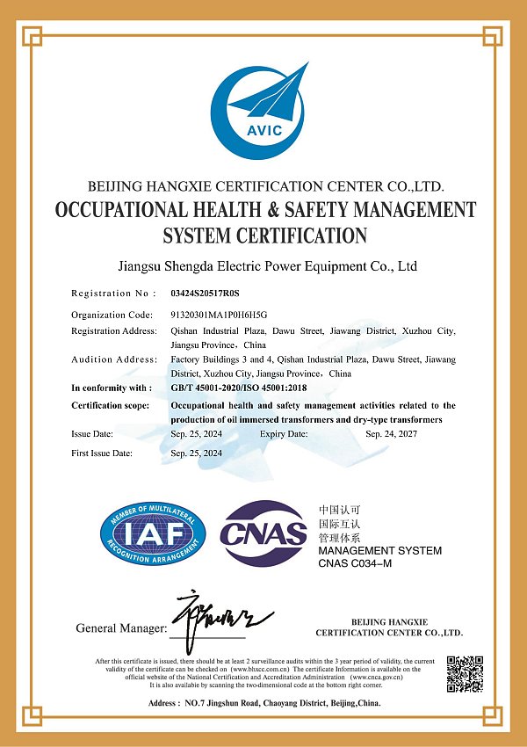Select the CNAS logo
click(x=263, y=533)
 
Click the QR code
click(x=466, y=673)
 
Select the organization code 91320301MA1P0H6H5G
click(x=218, y=314)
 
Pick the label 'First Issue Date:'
click(x=102, y=453)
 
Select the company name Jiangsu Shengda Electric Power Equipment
click(x=266, y=265)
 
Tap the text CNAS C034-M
click(x=355, y=562)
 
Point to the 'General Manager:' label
click(x=121, y=628)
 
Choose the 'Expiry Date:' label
click(x=284, y=434)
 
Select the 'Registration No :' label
click(x=112, y=293)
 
